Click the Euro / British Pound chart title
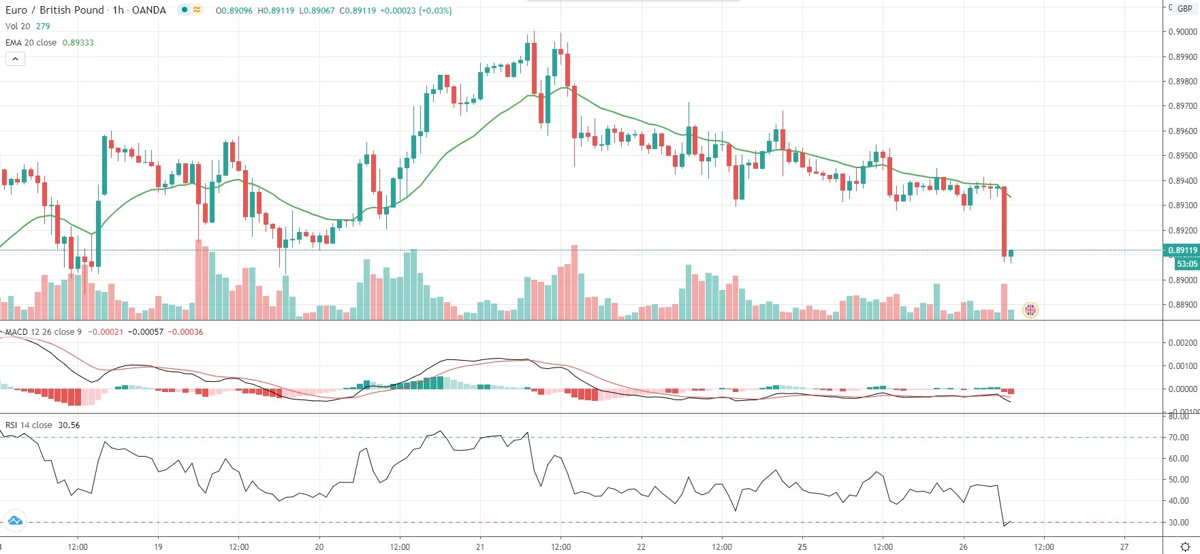pos(54,10)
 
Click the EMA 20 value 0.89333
pos(78,42)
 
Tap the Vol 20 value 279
pos(43,27)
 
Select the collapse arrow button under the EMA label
pos(15,59)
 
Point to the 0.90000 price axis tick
pos(1182,32)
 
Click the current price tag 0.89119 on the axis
pos(1182,250)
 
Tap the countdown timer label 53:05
pos(1186,264)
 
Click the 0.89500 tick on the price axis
pos(1182,156)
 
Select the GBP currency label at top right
pos(1185,9)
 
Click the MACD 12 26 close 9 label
pos(44,332)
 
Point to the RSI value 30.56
pos(69,425)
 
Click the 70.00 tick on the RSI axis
pos(1178,438)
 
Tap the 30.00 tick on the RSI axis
pos(1178,523)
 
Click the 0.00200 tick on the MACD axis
pos(1182,343)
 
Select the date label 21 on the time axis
pos(480,547)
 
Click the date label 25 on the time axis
pos(802,547)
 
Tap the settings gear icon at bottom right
pos(1185,547)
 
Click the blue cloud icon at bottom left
pos(14,521)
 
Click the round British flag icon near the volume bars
pos(1030,310)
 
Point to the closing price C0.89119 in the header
pos(358,11)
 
